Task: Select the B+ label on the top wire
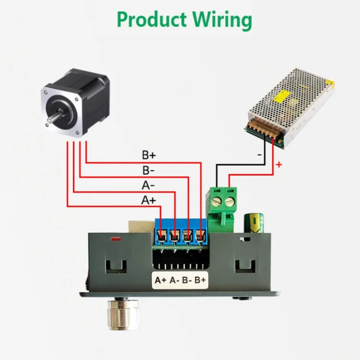click(148, 155)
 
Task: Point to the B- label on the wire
click(148, 171)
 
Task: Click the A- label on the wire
click(148, 185)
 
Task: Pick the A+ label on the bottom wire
click(148, 200)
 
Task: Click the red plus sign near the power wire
click(279, 165)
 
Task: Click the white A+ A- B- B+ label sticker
click(180, 280)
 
